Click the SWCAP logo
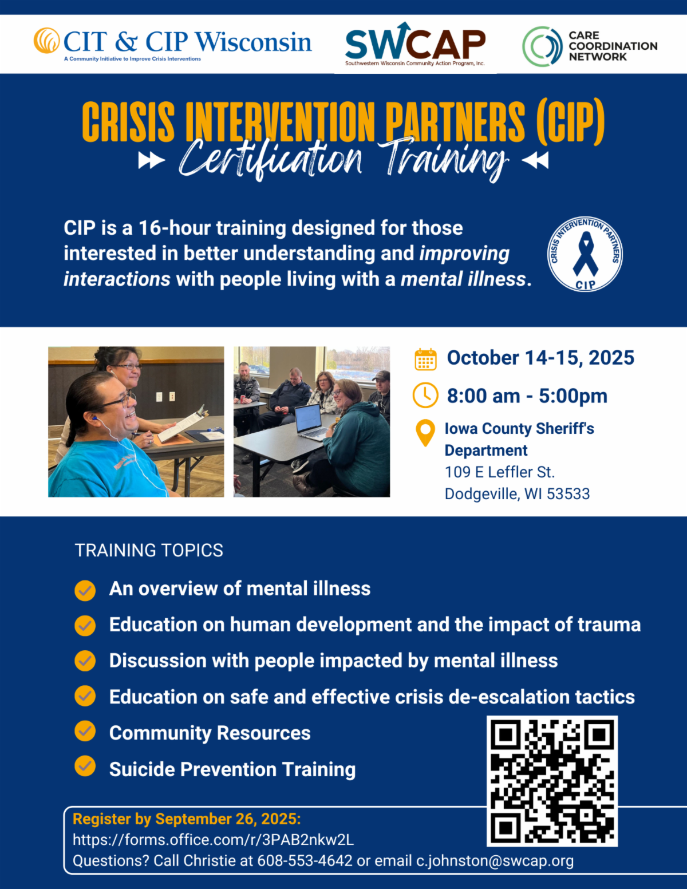pyautogui.click(x=415, y=44)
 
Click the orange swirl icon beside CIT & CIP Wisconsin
pyautogui.click(x=46, y=41)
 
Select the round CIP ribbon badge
pyautogui.click(x=585, y=254)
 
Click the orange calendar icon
pyautogui.click(x=425, y=359)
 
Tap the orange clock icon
pyautogui.click(x=425, y=395)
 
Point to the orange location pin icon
pyautogui.click(x=425, y=433)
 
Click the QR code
pyautogui.click(x=552, y=781)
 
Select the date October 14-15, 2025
pyautogui.click(x=540, y=358)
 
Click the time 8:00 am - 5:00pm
pyautogui.click(x=527, y=396)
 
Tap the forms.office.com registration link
pyautogui.click(x=213, y=840)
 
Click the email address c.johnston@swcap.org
pyautogui.click(x=495, y=861)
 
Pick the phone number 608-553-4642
pyautogui.click(x=305, y=861)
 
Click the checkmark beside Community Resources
pyautogui.click(x=85, y=731)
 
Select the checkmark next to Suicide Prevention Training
pyautogui.click(x=85, y=766)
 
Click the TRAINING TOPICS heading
pyautogui.click(x=149, y=550)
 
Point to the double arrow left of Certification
pyautogui.click(x=151, y=160)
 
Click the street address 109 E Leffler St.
pyautogui.click(x=500, y=472)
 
